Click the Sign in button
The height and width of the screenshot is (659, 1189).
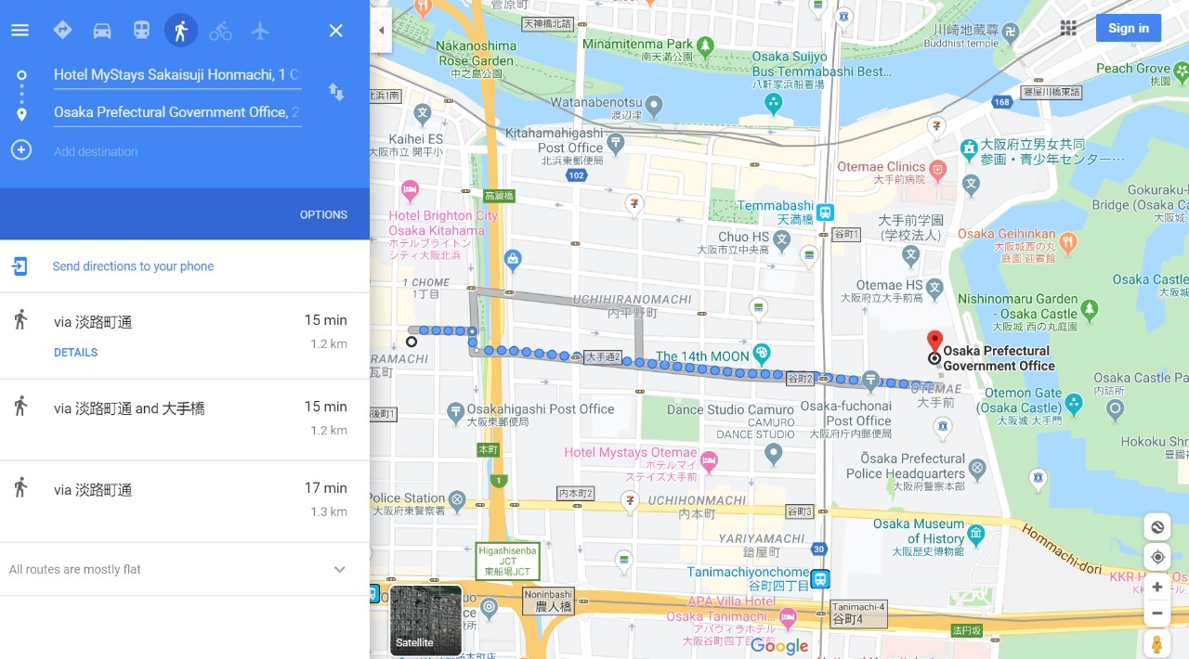pos(1128,28)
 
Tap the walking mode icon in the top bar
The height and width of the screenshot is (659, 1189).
pos(181,31)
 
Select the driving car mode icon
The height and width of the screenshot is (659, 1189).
pos(102,31)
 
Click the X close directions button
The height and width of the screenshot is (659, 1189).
pos(336,31)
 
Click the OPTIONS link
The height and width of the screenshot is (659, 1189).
pos(323,214)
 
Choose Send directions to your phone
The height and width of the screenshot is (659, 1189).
pos(133,266)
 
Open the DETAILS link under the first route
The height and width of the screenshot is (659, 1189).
pos(75,353)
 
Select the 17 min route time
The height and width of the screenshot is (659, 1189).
pos(325,488)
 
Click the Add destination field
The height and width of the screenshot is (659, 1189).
pos(96,151)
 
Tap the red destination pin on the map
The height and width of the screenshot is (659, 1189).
pos(935,341)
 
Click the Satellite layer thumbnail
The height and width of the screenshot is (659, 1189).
pos(425,620)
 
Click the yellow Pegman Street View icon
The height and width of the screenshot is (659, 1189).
pos(1156,643)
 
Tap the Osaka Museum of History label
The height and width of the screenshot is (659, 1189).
pos(919,531)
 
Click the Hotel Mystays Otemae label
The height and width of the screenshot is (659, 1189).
pos(631,453)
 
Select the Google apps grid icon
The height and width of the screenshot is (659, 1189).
pos(1068,28)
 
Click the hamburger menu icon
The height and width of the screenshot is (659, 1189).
pos(20,31)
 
